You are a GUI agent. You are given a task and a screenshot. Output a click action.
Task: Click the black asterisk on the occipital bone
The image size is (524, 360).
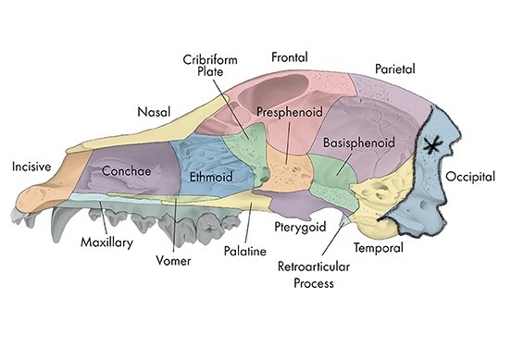[x=430, y=146]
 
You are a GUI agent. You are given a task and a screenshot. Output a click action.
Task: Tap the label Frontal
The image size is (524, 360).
[x=289, y=57]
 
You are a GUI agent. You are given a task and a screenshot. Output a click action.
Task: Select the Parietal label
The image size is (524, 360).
[x=395, y=68]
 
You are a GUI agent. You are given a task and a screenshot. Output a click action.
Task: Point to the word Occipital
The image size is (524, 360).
[x=470, y=176]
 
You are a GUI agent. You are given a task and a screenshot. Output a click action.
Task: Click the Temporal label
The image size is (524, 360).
[x=378, y=248]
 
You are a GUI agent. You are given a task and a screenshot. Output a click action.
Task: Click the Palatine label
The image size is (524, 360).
[x=245, y=251]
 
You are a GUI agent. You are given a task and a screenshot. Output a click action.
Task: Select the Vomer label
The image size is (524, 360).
[x=173, y=261]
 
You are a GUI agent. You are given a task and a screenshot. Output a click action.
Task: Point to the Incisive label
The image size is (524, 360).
[x=31, y=167]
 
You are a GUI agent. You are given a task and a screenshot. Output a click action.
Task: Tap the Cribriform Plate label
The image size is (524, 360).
[x=209, y=66]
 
